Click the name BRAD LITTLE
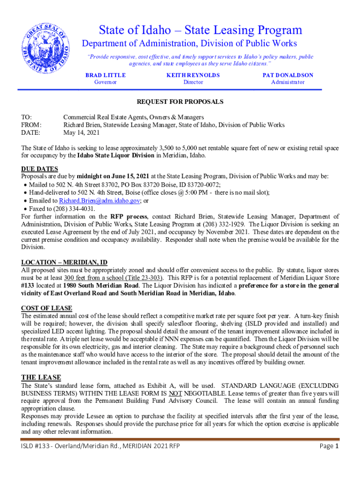coord(105,75)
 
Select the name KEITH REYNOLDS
coord(193,75)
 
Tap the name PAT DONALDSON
coord(288,75)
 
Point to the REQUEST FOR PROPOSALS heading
coord(180,102)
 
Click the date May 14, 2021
coord(82,133)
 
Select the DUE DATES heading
coord(40,169)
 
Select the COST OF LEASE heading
coord(47,308)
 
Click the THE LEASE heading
coord(41,377)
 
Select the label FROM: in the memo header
coord(31,125)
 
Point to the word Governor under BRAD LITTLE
coord(105,82)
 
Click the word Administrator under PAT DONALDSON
coord(288,82)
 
